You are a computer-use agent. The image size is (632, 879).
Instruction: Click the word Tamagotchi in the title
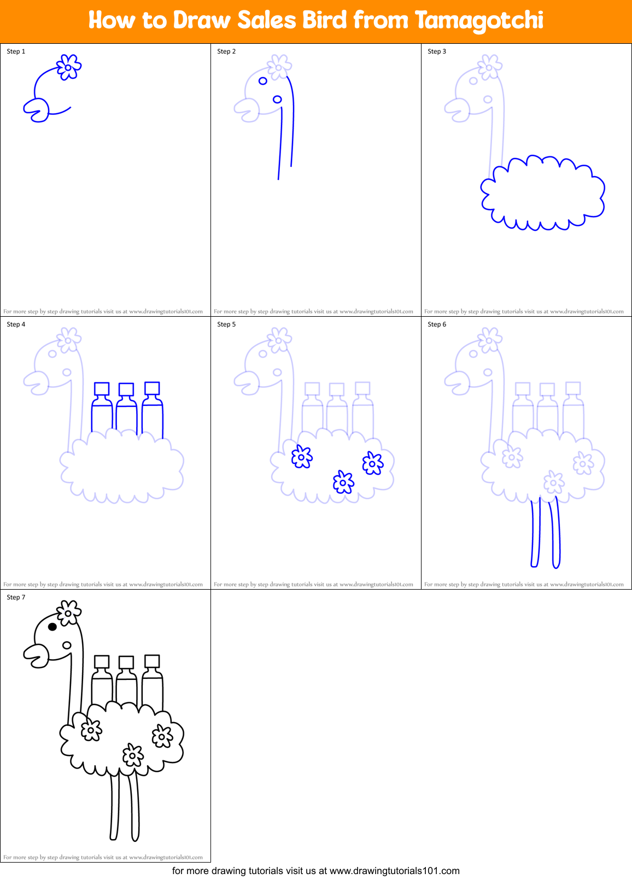(479, 21)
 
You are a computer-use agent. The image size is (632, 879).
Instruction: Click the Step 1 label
(16, 51)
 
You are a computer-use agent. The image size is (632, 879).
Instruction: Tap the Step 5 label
(226, 324)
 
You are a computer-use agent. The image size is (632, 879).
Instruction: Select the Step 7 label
(16, 597)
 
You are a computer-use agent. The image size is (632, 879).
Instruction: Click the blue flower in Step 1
(69, 67)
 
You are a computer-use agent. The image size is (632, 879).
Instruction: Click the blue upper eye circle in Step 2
(263, 81)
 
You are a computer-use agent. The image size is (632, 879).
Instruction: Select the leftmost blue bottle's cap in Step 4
(102, 389)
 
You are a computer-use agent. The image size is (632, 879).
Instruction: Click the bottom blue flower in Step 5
(343, 482)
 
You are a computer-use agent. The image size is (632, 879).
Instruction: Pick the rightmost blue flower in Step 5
(373, 463)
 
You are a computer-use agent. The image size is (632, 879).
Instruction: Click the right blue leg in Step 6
(555, 533)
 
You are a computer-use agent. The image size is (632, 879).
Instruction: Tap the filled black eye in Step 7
(52, 627)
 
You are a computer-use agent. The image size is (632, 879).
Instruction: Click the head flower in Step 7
(69, 613)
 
